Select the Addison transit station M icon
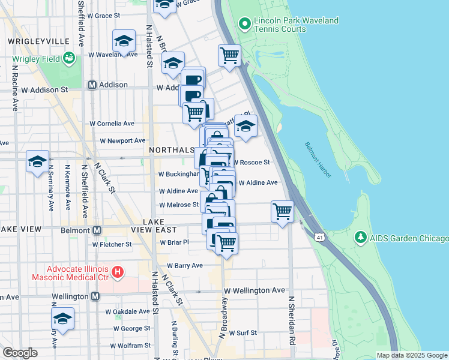(92, 85)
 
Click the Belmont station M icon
(96, 230)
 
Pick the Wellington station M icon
(95, 296)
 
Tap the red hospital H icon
(118, 272)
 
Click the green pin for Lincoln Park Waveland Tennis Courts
(244, 25)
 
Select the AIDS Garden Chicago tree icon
(360, 238)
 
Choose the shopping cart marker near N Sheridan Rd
(282, 211)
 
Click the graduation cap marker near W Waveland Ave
(124, 41)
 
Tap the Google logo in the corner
(20, 353)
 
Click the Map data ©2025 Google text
(412, 355)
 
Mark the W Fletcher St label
(112, 244)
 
